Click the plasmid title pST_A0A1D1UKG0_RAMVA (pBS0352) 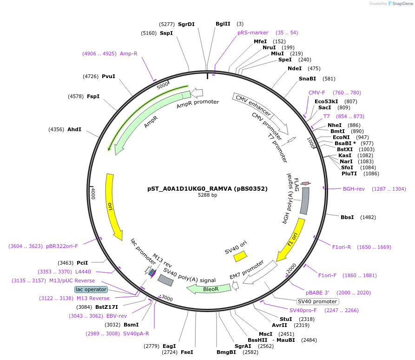[x=207, y=188]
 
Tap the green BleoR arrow [x=209, y=289]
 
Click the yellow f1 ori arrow [x=291, y=240]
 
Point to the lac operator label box [x=91, y=289]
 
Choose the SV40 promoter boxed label [x=318, y=301]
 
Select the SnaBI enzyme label [x=307, y=79]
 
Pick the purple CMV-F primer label [x=317, y=93]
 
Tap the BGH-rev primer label [x=354, y=189]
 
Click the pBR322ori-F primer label [x=62, y=246]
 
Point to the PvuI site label [x=108, y=76]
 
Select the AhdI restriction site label [x=74, y=129]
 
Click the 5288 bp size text [x=207, y=195]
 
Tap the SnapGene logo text [x=399, y=4]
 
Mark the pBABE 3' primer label [x=317, y=293]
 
